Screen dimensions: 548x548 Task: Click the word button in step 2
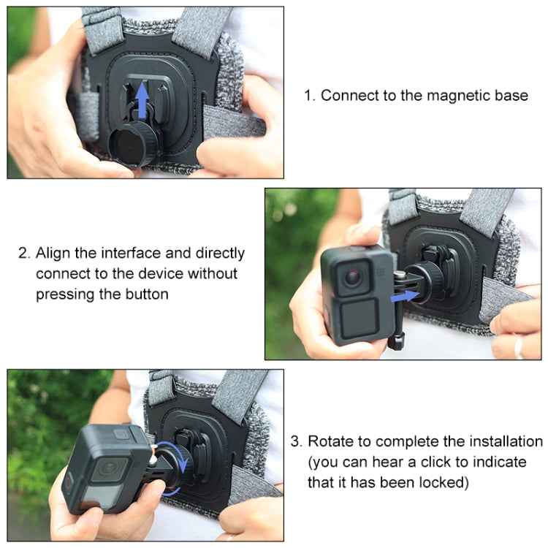(x=146, y=294)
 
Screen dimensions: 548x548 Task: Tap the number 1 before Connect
(x=308, y=95)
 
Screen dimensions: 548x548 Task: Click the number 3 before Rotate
(x=295, y=441)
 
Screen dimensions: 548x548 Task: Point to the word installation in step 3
(x=501, y=441)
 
